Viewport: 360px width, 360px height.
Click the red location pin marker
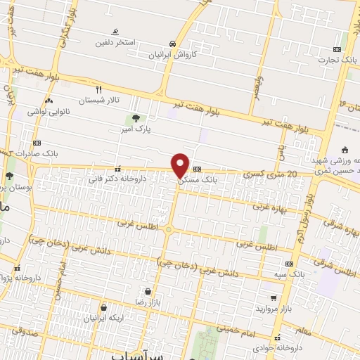[x=181, y=165]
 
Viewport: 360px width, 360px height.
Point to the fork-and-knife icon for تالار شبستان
[x=98, y=89]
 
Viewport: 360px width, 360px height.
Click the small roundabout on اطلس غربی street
[x=169, y=229]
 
